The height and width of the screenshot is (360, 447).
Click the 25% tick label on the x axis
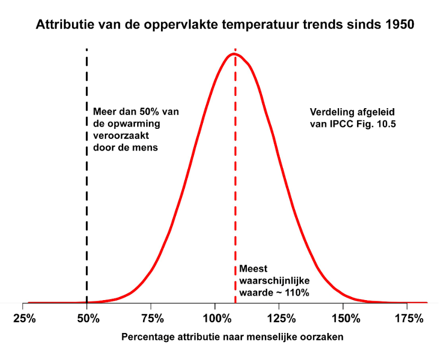coord(24,319)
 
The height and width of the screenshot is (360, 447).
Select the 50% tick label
coord(88,319)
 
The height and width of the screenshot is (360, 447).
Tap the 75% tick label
coord(151,319)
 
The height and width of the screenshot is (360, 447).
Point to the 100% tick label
coord(215,319)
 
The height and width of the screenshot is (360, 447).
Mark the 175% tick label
coord(408,319)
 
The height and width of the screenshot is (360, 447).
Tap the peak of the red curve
coord(234,54)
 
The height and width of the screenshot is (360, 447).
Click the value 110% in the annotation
coord(297,291)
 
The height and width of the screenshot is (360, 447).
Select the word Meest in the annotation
coord(253,269)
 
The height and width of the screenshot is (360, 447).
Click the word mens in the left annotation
coord(146,147)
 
